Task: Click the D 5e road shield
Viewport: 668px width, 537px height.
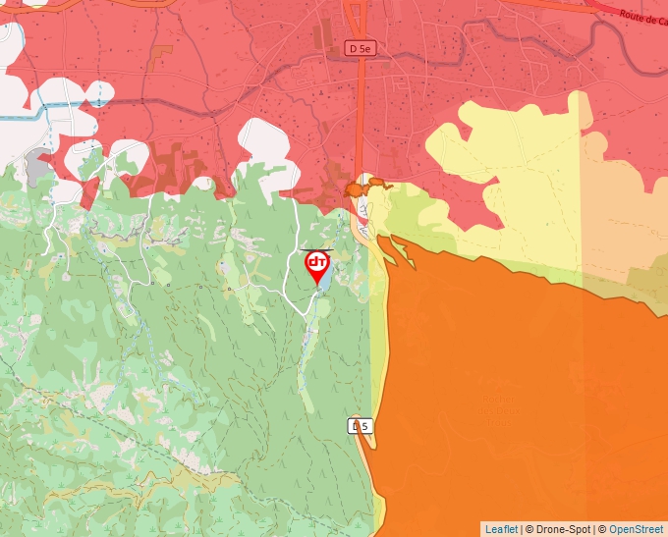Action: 360,47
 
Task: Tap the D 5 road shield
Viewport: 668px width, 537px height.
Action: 361,425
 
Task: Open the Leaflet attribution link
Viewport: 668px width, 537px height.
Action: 501,529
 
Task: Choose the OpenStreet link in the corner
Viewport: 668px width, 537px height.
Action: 637,529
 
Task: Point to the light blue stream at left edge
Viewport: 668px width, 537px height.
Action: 25,117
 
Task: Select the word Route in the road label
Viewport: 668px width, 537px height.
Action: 633,14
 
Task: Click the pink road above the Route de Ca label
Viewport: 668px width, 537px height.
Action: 629,3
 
